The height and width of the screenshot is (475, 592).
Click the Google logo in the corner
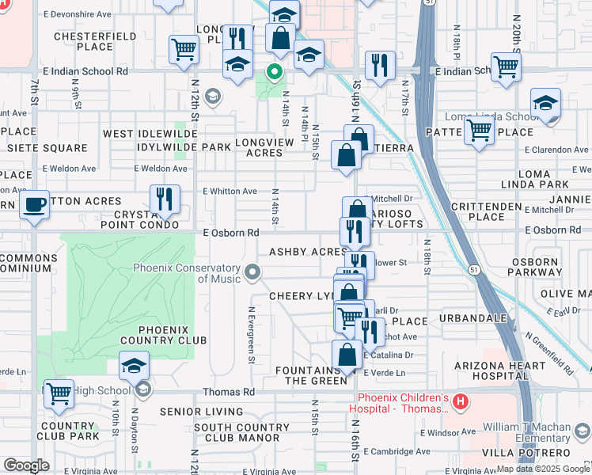pyautogui.click(x=26, y=465)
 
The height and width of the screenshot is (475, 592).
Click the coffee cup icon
pyautogui.click(x=34, y=205)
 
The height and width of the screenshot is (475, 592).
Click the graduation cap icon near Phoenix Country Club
pyautogui.click(x=134, y=367)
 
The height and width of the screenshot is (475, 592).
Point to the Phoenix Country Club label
pyautogui.click(x=163, y=335)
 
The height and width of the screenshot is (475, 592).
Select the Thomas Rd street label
pyautogui.click(x=229, y=392)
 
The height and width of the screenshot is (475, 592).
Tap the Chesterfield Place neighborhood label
pyautogui.click(x=84, y=41)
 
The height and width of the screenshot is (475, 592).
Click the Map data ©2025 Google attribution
pyautogui.click(x=542, y=469)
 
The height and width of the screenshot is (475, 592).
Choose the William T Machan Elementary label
pyautogui.click(x=526, y=431)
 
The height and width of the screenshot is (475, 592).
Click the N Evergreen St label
pyautogui.click(x=251, y=336)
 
